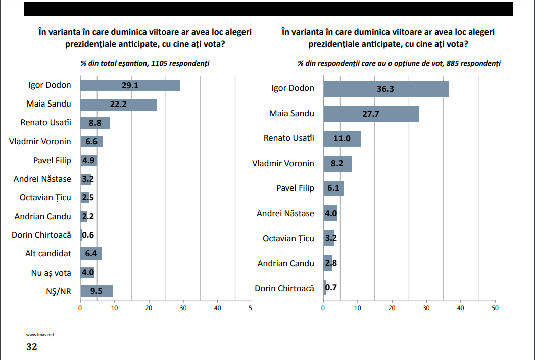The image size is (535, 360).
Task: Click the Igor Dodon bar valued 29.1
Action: (130, 85)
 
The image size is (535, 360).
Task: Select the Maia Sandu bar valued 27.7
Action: (370, 114)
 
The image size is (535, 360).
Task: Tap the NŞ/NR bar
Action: (96, 291)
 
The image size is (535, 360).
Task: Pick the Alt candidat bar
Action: (91, 253)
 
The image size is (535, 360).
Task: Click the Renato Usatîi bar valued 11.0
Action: (342, 139)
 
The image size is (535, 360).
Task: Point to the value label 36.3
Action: (385, 89)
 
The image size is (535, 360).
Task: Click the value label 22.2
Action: (118, 105)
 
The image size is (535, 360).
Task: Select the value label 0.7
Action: (331, 288)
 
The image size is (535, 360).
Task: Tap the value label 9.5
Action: (96, 291)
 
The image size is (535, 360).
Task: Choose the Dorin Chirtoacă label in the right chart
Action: (284, 288)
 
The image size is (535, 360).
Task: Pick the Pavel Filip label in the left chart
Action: (52, 161)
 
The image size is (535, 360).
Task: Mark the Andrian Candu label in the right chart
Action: (285, 263)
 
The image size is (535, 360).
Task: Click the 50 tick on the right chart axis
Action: (495, 307)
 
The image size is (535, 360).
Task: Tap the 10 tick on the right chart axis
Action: (358, 307)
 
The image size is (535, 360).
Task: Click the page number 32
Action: (32, 347)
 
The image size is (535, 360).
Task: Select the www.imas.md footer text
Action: (40, 335)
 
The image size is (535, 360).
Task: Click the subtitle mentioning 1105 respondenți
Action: (145, 63)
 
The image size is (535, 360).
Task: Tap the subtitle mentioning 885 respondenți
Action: (399, 63)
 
